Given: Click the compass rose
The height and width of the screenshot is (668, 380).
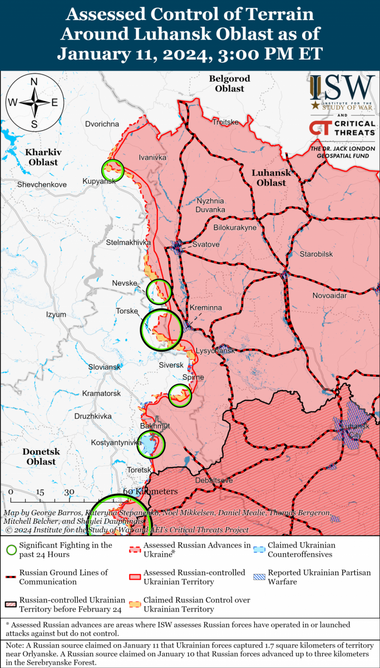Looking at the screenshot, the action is point(33,102).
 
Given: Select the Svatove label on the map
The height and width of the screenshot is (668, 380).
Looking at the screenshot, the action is point(205,244).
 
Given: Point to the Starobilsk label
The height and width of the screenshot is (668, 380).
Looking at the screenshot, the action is point(315,254).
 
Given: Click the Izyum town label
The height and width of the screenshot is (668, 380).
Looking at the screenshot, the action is point(56,315).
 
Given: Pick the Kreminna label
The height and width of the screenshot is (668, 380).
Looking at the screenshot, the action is point(206,307).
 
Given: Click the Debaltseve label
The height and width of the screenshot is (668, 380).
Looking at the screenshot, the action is point(214,480).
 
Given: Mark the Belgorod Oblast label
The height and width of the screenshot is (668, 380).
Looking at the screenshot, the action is point(229,83).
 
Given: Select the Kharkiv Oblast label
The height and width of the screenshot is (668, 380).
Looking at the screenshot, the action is point(43,157).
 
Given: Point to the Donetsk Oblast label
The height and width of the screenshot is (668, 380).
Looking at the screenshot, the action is point(41,456).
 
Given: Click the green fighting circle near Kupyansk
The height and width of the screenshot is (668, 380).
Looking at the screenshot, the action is point(112,169).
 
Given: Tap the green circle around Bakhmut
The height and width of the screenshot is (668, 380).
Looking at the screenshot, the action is point(151,443).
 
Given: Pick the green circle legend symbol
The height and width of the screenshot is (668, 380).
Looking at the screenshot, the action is point(10,549).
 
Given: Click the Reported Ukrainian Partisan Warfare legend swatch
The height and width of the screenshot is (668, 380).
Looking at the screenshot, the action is point(259,577).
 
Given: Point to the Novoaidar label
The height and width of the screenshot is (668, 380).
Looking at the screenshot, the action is point(329,296).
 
